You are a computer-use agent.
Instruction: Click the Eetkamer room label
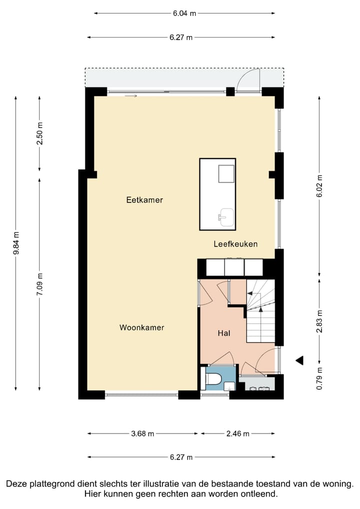[x=144, y=200]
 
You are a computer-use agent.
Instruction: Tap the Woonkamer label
[x=141, y=327]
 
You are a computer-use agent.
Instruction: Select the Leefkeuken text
[x=235, y=244]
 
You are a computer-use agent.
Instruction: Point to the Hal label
[x=223, y=333]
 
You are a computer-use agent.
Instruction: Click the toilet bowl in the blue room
[x=213, y=379]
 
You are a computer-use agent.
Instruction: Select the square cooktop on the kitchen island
[x=226, y=174]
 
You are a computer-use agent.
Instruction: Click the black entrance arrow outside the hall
[x=299, y=360]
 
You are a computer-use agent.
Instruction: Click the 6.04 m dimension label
[x=183, y=13]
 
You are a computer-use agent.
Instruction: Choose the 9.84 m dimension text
[x=16, y=243]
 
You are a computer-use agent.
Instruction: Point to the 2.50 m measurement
[x=40, y=133]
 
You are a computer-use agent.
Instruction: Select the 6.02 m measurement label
[x=319, y=186]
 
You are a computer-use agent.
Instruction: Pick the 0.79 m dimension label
[x=319, y=378]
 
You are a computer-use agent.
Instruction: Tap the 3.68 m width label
[x=142, y=433]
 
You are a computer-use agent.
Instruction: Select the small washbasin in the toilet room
[x=228, y=386]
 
